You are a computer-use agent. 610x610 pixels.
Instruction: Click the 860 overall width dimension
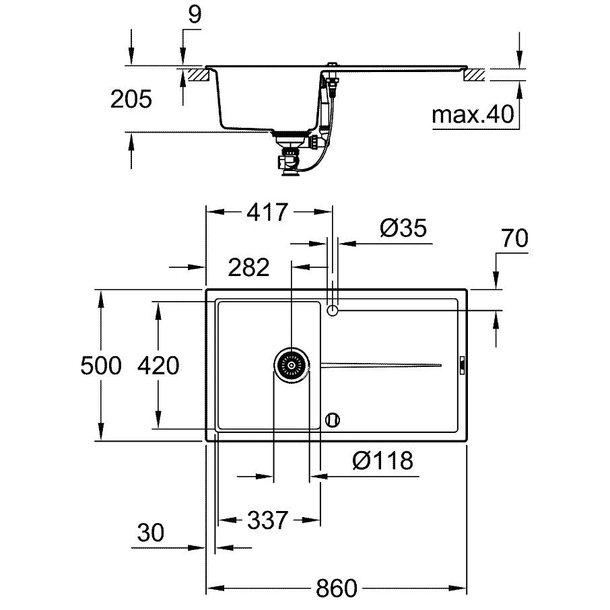click(x=336, y=588)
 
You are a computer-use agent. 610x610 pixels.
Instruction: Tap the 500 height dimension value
click(x=101, y=366)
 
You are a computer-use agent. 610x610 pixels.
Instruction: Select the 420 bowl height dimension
click(x=158, y=366)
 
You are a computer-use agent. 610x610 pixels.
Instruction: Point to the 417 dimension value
click(x=268, y=212)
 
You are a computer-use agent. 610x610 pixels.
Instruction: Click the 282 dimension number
click(x=248, y=267)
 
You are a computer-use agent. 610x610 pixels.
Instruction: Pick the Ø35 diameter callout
click(x=403, y=228)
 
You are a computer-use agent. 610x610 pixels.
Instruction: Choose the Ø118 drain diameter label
click(x=382, y=461)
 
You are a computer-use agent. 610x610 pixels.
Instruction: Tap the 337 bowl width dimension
click(x=268, y=520)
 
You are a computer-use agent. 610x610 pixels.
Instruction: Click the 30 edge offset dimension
click(x=151, y=533)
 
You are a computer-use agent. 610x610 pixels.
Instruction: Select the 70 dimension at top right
click(x=514, y=238)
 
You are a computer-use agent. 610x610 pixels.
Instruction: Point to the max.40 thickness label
click(x=473, y=114)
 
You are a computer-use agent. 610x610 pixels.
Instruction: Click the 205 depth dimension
click(x=131, y=99)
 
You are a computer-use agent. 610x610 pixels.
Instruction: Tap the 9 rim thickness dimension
click(x=195, y=14)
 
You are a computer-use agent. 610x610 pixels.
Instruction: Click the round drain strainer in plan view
click(x=292, y=366)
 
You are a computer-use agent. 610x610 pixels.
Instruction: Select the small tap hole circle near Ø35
click(x=332, y=310)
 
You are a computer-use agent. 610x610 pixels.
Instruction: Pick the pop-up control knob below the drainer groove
click(x=332, y=419)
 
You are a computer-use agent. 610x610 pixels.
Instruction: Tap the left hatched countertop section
click(x=199, y=75)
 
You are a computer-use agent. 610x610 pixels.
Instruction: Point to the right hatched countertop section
click(x=474, y=75)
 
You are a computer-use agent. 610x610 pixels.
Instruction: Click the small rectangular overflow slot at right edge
click(x=462, y=366)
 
